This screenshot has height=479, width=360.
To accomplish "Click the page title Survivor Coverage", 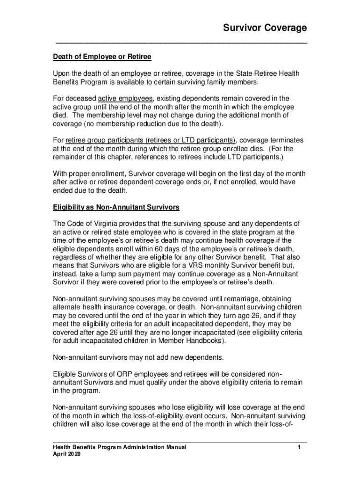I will click(x=264, y=28).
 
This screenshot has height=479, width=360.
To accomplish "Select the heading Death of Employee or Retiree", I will click(x=102, y=57).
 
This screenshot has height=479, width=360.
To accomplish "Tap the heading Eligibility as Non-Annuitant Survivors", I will click(x=115, y=207).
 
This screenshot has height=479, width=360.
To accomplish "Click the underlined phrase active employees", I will click(x=125, y=98).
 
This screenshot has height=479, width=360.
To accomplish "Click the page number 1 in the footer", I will click(x=298, y=447).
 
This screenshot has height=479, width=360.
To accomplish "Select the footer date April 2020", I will click(x=66, y=454).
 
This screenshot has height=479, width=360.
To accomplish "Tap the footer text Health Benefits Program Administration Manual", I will click(x=119, y=447).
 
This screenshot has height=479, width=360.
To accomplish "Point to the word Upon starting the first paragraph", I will click(x=61, y=73).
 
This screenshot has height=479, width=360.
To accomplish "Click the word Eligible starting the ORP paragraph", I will click(x=65, y=374).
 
